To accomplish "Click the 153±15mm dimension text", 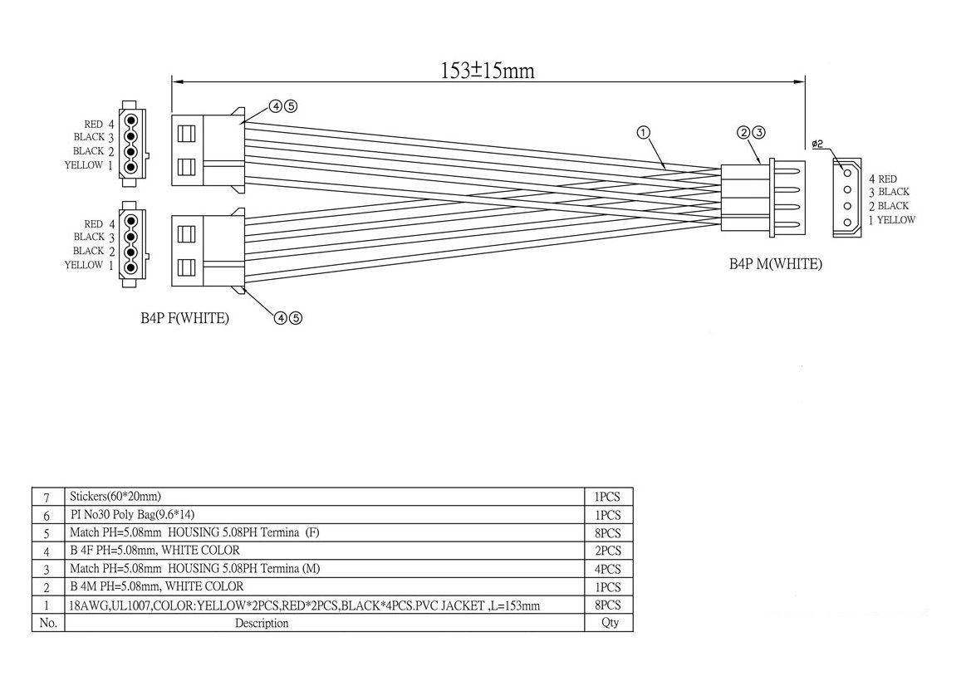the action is (x=488, y=70).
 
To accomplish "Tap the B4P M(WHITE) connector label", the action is (x=775, y=264).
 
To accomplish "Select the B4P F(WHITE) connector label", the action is (x=184, y=318).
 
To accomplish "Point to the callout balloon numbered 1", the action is (x=644, y=132).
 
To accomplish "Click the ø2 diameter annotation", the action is (x=817, y=145).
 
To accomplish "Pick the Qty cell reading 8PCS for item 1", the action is (x=607, y=605).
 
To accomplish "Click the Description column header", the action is (x=262, y=623).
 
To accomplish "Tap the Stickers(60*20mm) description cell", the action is (x=115, y=496).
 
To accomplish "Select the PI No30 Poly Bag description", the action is (x=132, y=515).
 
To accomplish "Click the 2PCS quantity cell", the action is (x=607, y=551).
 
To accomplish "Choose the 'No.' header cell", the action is (x=47, y=623).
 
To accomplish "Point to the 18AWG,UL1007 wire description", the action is (x=305, y=605).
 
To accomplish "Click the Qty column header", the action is (x=610, y=623).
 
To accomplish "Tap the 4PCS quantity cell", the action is (x=607, y=569).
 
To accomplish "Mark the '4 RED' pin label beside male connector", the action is (x=882, y=179).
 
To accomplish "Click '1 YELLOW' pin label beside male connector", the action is (x=892, y=220).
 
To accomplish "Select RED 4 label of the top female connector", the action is (x=99, y=125).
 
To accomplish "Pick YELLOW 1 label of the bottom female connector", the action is (x=89, y=266).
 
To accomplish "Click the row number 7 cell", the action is (x=47, y=497).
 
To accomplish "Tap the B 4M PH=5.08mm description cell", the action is (x=157, y=586).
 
